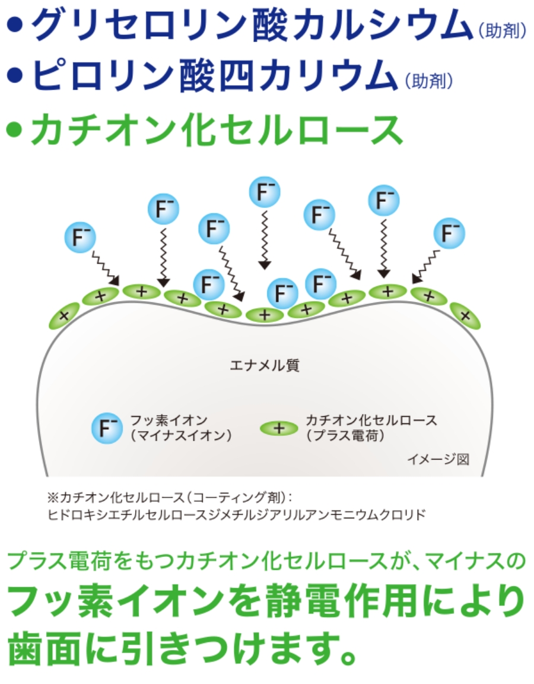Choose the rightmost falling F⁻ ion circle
click(x=449, y=233)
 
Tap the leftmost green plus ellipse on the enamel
click(x=65, y=315)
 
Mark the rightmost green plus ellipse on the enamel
click(x=465, y=315)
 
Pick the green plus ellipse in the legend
click(x=280, y=427)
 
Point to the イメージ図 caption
click(x=438, y=458)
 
